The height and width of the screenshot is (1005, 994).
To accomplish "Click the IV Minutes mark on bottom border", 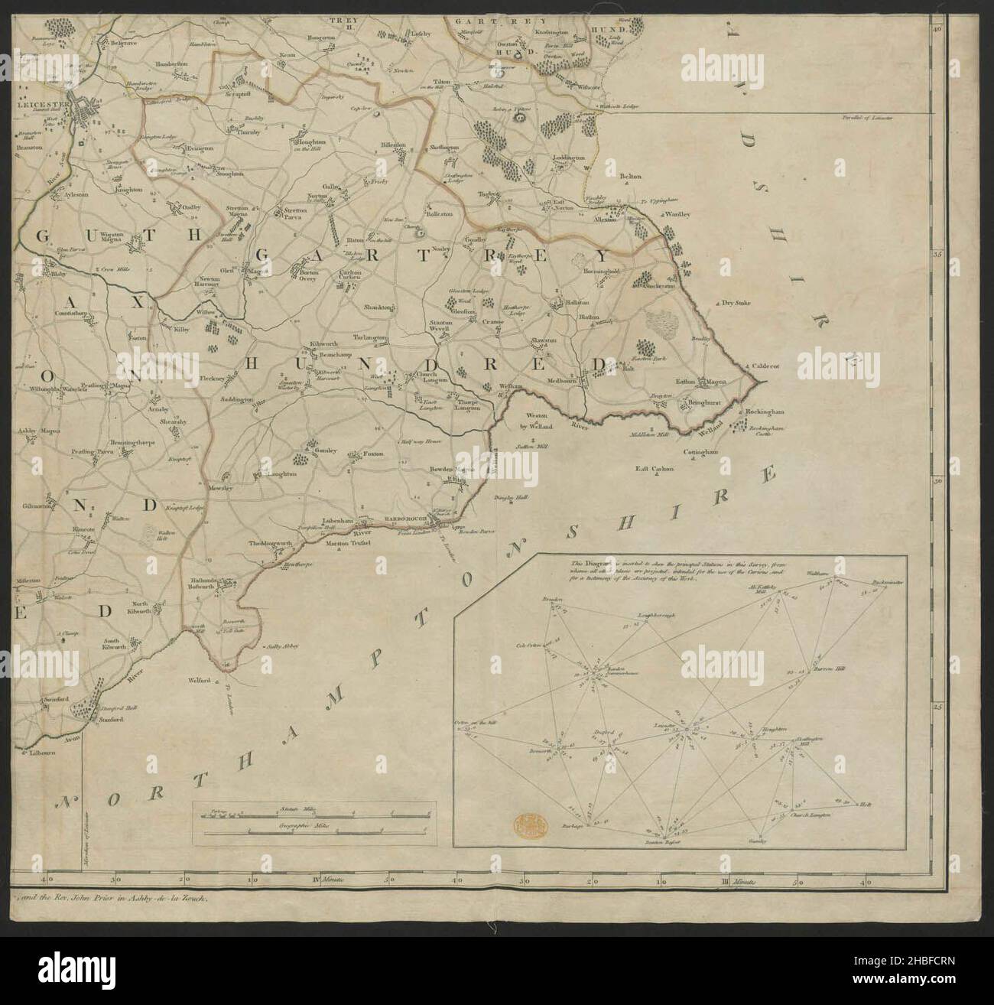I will click(x=324, y=883).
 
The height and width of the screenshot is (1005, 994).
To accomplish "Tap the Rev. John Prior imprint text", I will click(x=113, y=901).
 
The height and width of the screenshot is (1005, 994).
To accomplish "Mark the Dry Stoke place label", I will click(x=737, y=303).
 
